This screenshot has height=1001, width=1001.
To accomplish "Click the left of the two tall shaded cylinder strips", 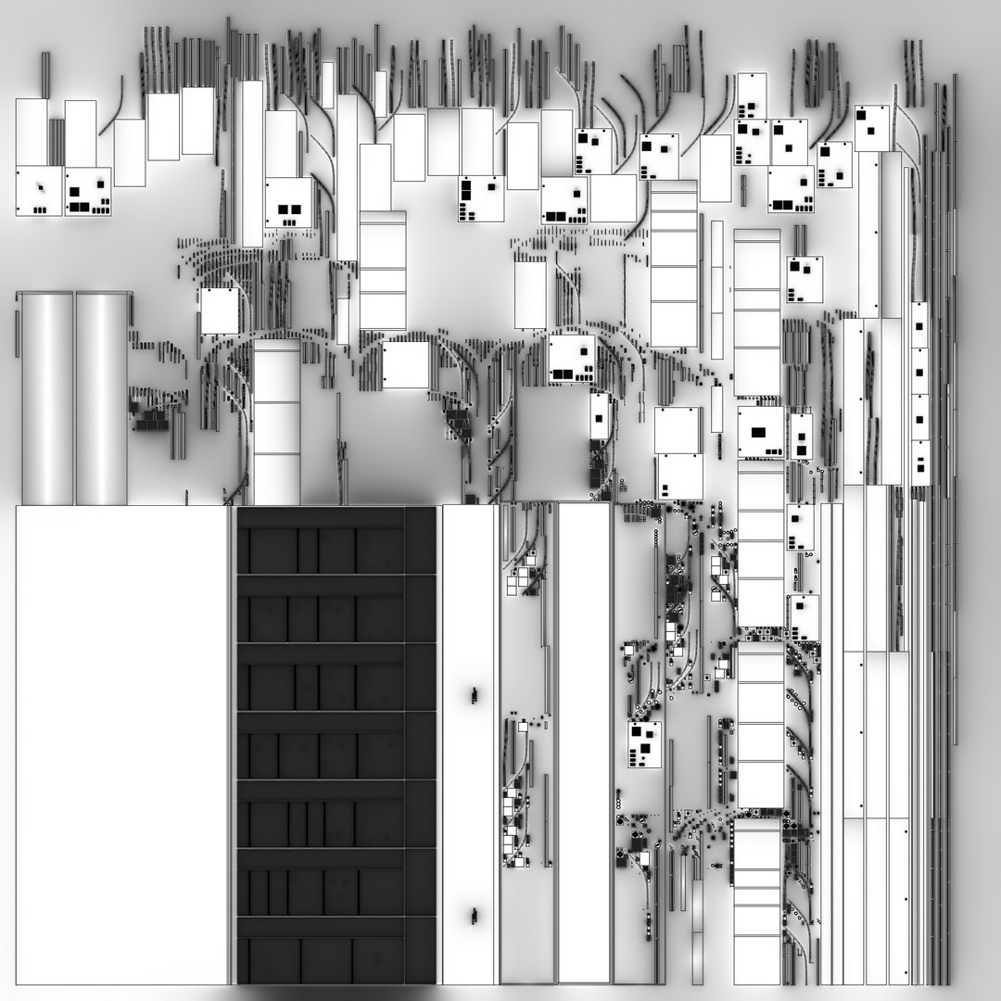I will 46,399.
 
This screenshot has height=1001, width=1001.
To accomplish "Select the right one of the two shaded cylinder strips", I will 102,399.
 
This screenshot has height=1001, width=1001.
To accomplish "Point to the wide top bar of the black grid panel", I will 321,517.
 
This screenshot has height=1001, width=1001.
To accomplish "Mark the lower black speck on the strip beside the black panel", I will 474,916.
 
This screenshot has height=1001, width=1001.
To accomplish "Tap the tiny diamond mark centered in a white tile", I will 40,190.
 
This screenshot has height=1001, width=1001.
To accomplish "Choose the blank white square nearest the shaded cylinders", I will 220,310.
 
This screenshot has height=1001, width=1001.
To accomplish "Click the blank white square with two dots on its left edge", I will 406,365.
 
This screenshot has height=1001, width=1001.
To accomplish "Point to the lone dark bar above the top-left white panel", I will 44,74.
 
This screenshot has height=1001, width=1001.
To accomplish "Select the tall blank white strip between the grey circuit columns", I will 584,741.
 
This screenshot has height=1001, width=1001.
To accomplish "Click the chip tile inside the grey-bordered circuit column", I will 644,744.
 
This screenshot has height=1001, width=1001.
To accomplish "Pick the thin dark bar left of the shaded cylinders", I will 17,334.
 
